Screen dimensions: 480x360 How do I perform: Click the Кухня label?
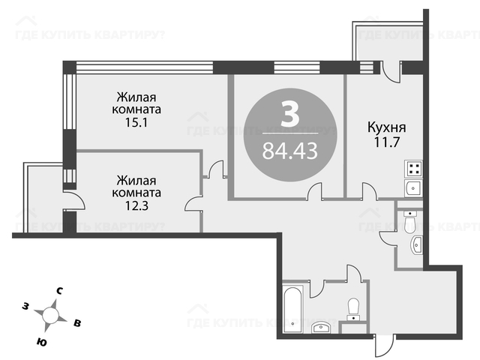pos(387,127)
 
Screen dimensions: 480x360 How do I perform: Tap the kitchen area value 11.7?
pos(387,142)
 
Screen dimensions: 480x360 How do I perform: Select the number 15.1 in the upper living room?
pos(136,122)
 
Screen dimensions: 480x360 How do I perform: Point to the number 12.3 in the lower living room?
pos(136,206)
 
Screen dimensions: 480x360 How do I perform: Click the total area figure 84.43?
pos(290,151)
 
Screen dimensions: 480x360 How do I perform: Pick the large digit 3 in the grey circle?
pos(289,114)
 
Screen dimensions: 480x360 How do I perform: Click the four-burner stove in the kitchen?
pos(413,169)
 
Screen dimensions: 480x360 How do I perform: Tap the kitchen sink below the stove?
pos(413,188)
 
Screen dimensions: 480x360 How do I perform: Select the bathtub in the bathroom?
pos(293,309)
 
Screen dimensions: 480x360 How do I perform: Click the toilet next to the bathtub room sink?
pos(354,310)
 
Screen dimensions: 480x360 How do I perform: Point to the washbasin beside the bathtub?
pos(320,328)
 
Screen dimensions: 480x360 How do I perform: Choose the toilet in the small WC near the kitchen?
pos(409,221)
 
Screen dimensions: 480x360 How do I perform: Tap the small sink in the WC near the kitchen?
pos(417,245)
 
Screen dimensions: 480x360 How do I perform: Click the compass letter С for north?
pos(60,291)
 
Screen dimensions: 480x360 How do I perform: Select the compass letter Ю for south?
pos(41,342)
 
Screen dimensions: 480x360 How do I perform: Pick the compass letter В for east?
pos(77,323)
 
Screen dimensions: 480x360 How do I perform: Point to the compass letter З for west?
pos(25,305)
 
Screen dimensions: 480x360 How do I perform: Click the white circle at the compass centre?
pos(50,315)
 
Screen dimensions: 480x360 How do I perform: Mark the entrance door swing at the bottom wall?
pos(385,346)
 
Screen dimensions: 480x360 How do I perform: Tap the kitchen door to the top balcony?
pos(391,72)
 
